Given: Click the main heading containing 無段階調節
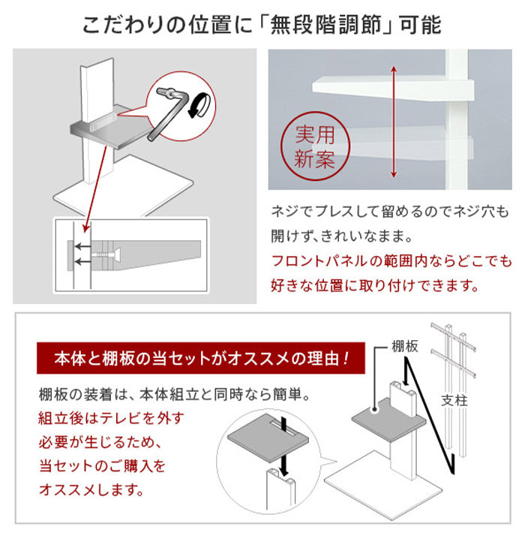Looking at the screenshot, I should coord(262,24).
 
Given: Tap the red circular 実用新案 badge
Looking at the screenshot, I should coord(315,147).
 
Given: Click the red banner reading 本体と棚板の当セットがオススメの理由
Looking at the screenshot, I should coord(200,359).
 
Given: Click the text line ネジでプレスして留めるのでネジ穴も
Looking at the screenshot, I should coord(390,212).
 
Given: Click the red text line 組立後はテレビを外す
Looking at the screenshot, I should coord(110,417).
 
